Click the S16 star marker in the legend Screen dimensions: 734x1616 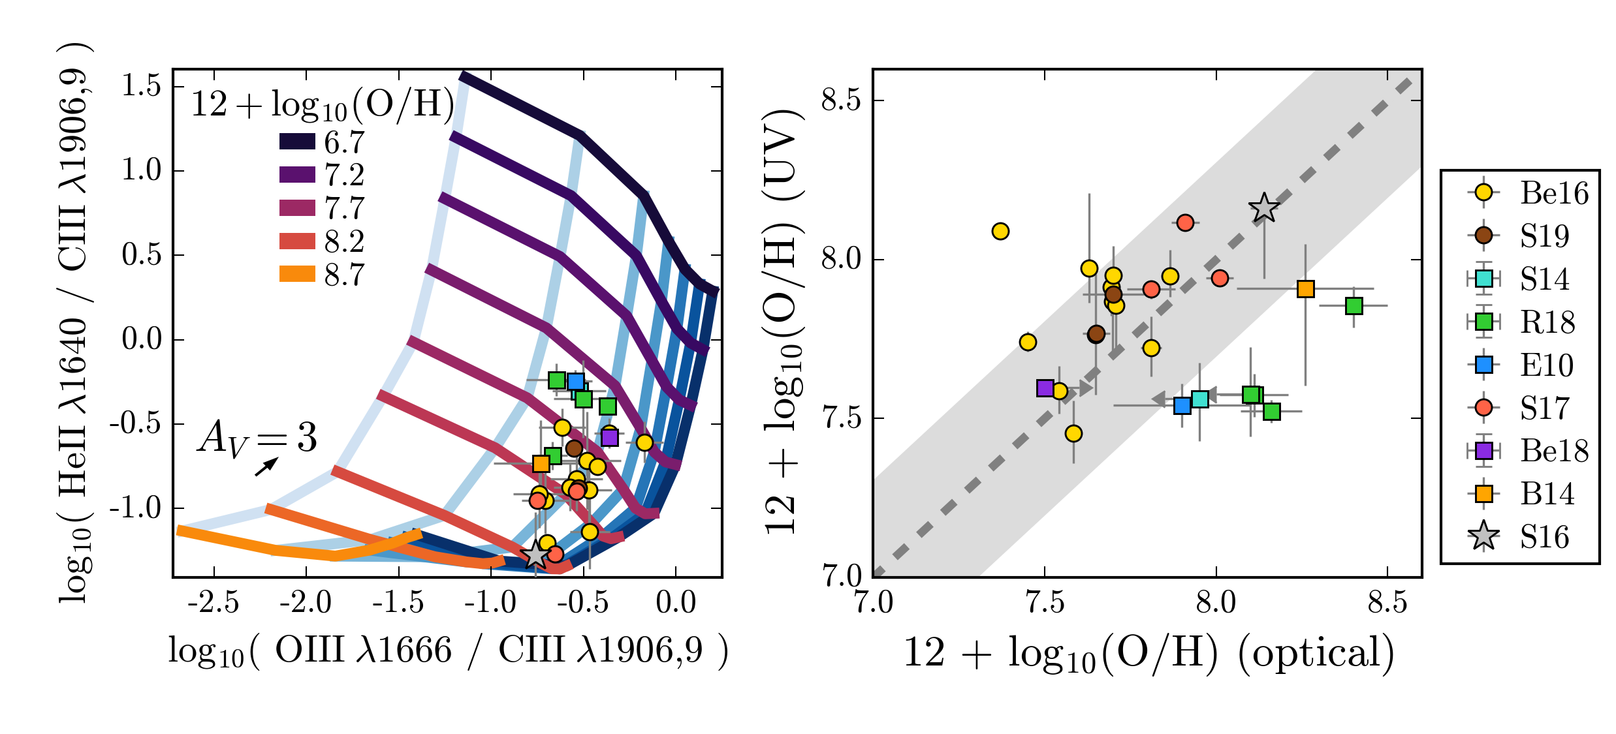tap(1483, 536)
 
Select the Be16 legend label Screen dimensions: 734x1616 tap(1554, 193)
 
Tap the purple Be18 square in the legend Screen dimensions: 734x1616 tap(1483, 450)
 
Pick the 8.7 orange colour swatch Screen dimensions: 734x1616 tap(297, 274)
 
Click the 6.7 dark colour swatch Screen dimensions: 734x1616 tap(297, 141)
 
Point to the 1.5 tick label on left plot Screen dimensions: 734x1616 tap(141, 85)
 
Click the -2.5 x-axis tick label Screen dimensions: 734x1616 tap(213, 602)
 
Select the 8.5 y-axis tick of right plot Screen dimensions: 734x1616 tap(841, 100)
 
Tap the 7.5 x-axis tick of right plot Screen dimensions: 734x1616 tap(1045, 602)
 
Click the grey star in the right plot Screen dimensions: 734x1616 tap(1264, 208)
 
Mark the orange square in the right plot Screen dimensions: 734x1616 tap(1305, 288)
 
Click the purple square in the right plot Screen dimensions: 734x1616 tap(1045, 388)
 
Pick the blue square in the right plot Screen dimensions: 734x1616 tap(1182, 406)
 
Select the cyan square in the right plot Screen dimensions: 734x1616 tap(1200, 399)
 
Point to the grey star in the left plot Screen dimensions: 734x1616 tap(535, 555)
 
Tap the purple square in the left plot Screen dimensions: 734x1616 tap(609, 437)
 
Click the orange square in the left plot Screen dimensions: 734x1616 tap(541, 463)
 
